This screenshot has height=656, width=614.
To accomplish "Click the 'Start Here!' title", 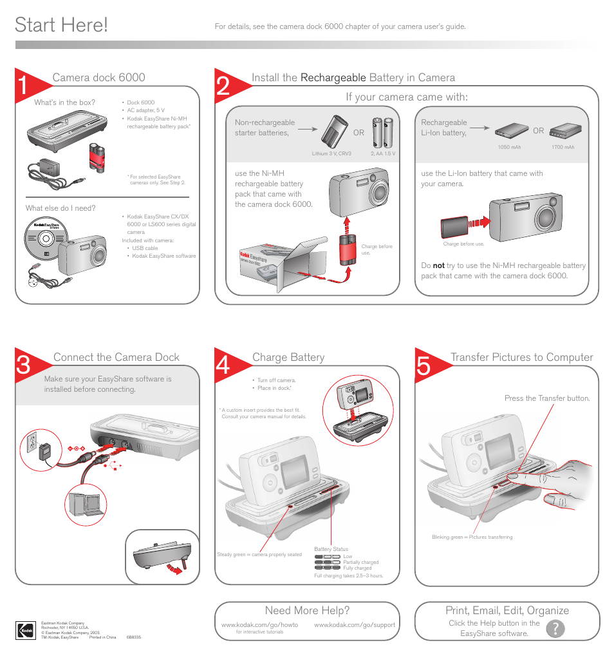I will [x=61, y=25].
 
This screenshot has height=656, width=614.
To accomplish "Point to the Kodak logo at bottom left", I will [x=26, y=630].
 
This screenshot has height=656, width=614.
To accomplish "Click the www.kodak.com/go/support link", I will [x=355, y=625].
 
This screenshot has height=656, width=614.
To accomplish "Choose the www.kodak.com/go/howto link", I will [x=259, y=625].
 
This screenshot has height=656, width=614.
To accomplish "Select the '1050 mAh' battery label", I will [x=509, y=148].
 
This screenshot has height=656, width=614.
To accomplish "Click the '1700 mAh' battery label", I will [x=563, y=148].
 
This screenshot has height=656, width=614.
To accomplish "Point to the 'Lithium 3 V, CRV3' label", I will [x=331, y=154].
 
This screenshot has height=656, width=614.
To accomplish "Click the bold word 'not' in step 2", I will [x=438, y=265].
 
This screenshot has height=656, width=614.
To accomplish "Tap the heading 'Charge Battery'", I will [x=288, y=358].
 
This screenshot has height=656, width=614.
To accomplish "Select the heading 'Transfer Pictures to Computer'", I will [x=521, y=358].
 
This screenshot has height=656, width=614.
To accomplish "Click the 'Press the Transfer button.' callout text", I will [x=546, y=398].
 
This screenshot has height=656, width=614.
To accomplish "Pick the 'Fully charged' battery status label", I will [x=357, y=568].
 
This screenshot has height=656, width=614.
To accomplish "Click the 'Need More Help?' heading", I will [x=307, y=610].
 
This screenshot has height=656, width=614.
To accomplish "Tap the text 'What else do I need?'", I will [x=60, y=208].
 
